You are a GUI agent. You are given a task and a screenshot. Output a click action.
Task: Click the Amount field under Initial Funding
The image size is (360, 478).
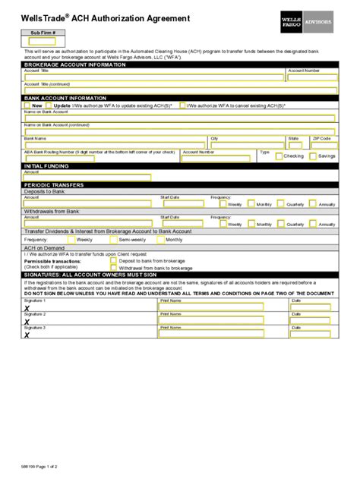point(87,178)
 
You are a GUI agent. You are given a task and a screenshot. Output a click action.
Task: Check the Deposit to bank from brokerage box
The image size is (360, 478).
point(114,261)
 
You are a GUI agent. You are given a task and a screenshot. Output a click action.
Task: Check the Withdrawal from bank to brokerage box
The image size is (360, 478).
point(114,268)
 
